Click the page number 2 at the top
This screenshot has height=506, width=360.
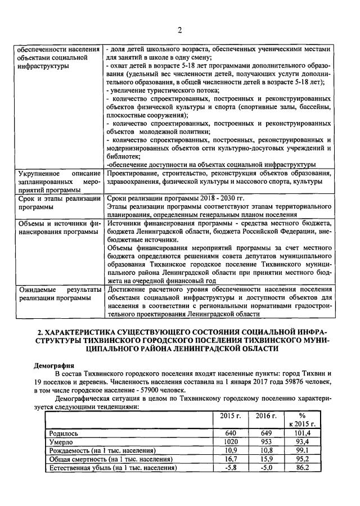tap(179, 30)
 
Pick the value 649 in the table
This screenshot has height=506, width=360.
tap(266, 433)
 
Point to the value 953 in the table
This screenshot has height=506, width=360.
tap(266, 442)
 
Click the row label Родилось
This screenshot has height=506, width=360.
tap(64, 433)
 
